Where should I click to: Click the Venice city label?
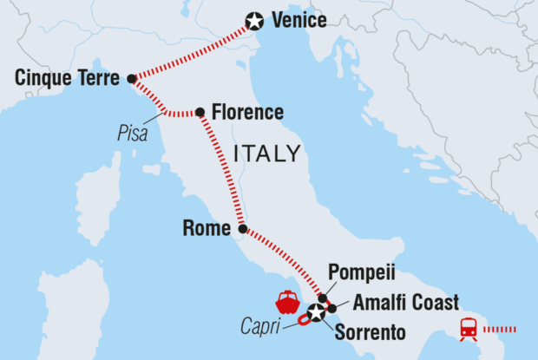(x=299, y=20)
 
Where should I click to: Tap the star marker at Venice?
(x=254, y=21)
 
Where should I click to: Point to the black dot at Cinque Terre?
(x=132, y=79)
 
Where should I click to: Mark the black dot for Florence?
(x=200, y=112)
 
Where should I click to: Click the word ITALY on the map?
(x=267, y=154)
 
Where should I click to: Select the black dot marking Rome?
(x=243, y=230)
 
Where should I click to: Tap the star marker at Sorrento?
(x=317, y=313)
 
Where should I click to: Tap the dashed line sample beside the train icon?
(x=499, y=330)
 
